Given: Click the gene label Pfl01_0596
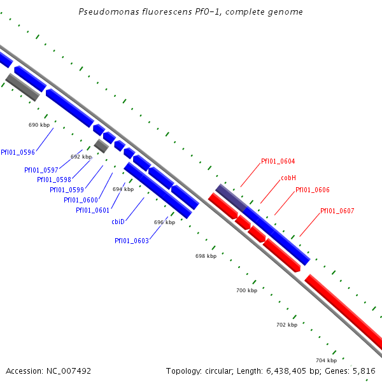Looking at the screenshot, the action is point(18,152).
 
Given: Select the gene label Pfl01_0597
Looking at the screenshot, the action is point(41,170).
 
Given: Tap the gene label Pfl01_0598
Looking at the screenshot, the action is point(54,180).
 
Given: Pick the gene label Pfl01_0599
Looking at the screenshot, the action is point(67,190).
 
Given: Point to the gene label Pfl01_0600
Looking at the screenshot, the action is point(81,200).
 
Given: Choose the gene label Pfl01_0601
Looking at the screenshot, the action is point(93,210).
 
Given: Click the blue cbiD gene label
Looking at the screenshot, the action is point(118,222).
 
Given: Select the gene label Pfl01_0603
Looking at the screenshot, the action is point(132,241).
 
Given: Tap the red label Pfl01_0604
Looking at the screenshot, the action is point(278,162).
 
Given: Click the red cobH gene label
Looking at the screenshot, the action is point(288,178).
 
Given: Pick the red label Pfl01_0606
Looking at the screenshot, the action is point(313,190).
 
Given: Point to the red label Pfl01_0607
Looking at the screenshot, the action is point(337,211).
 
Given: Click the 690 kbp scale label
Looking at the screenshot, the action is point(39,125).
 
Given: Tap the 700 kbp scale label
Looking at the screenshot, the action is point(246,290).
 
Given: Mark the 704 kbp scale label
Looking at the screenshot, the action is point(326,360).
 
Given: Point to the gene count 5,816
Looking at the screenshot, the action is point(363,371).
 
